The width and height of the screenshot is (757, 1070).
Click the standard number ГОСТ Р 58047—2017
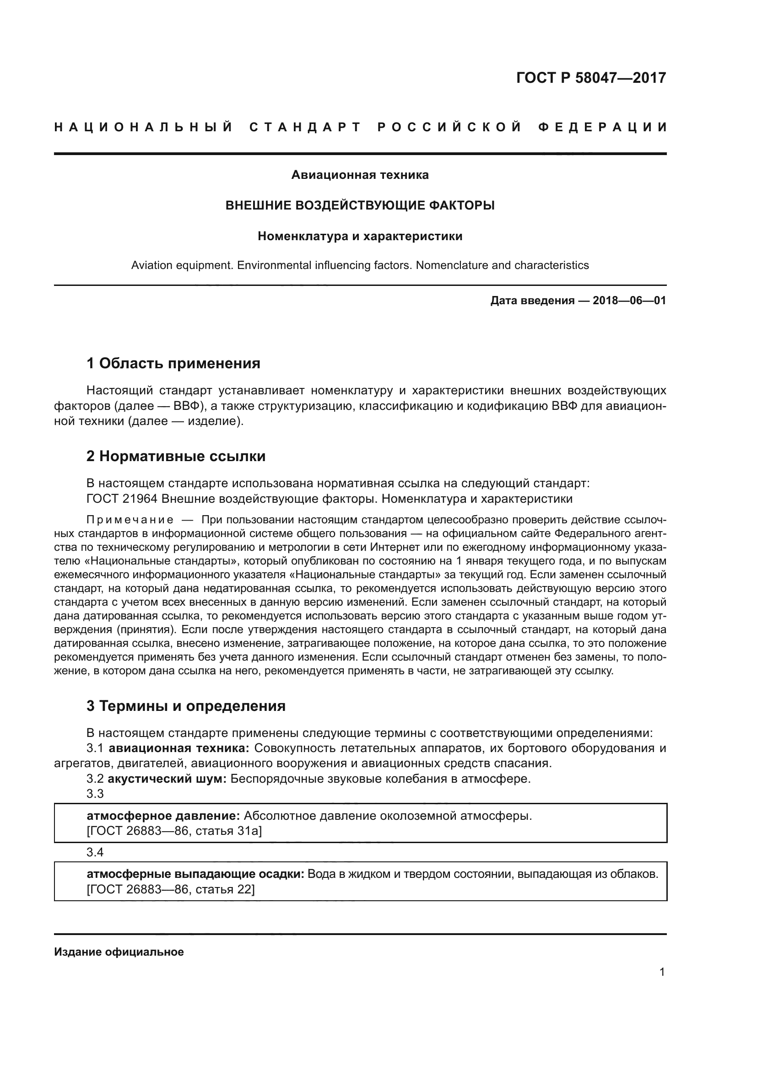(591, 77)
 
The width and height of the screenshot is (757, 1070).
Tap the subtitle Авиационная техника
(360, 175)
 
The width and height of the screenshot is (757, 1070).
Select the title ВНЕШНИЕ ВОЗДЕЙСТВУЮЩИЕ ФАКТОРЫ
(360, 205)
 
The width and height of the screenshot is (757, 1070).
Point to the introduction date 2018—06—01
(629, 301)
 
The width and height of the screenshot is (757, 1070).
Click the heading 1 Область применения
(173, 363)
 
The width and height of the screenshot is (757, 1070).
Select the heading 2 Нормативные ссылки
(176, 456)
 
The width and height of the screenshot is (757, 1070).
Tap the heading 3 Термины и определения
(186, 706)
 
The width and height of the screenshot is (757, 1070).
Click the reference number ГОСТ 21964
(121, 499)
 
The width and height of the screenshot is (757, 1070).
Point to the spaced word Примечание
(130, 520)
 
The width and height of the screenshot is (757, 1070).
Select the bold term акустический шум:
(168, 779)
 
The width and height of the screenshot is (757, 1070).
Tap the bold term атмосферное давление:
(163, 816)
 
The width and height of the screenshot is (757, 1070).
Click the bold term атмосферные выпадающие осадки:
(195, 874)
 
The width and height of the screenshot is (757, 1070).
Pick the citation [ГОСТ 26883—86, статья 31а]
(174, 831)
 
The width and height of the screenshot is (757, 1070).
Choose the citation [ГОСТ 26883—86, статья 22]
(171, 890)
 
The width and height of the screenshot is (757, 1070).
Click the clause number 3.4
(95, 852)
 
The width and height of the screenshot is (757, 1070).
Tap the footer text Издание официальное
(119, 952)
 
